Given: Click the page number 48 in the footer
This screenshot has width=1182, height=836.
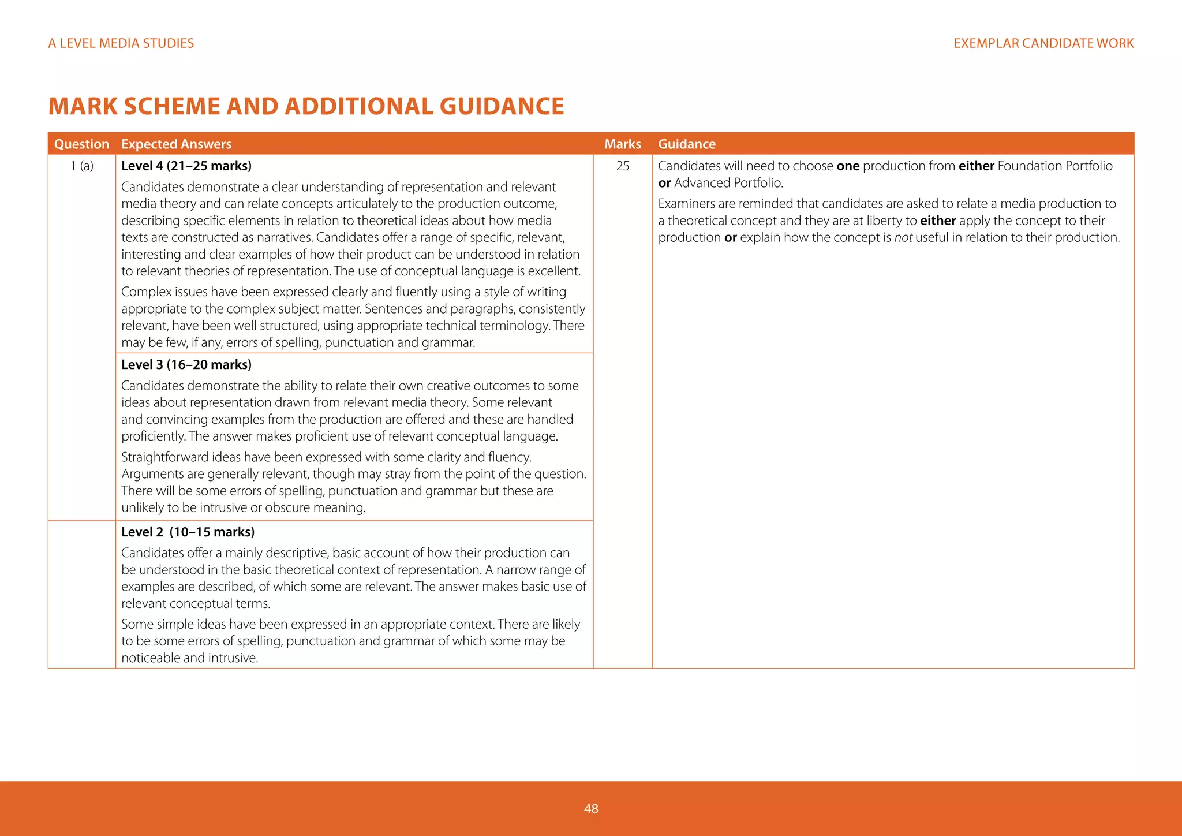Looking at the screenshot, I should tap(591, 809).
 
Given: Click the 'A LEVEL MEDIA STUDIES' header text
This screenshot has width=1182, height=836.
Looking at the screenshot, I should tap(121, 43).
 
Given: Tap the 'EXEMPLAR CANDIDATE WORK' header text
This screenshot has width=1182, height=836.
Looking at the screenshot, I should tap(1043, 43).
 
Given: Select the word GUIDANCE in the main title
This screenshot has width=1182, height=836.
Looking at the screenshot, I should tap(502, 106).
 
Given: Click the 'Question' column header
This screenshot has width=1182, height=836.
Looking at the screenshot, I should tap(81, 144).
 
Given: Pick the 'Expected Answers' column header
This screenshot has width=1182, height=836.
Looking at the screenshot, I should tap(176, 144).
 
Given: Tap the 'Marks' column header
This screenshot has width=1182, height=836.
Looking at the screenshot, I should tap(622, 144).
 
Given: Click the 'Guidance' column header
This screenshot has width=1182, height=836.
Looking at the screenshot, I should tap(686, 144).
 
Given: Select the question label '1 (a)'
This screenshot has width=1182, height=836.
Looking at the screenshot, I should tap(82, 166).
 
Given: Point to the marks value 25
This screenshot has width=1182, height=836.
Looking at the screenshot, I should tap(622, 166).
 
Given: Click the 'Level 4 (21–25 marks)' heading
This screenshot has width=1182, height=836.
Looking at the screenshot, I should tap(186, 166).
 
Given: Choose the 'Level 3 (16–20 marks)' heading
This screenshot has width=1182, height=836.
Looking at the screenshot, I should tap(186, 365).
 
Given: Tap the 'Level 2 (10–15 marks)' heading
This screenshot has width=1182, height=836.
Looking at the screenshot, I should tap(188, 532).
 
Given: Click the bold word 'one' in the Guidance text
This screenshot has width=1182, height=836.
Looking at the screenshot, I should tap(848, 166).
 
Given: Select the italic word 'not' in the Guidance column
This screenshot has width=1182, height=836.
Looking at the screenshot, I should tap(903, 238).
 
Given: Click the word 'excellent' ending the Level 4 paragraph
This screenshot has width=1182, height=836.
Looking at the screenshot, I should tap(556, 271).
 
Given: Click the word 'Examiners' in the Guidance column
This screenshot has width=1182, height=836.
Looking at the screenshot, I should tap(687, 204).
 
